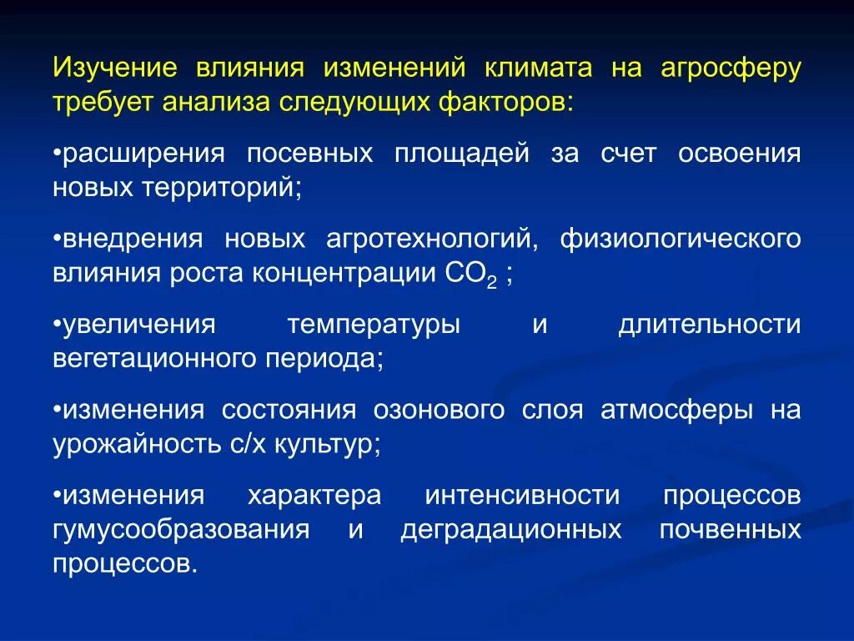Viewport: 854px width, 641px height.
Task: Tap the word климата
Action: [x=535, y=68]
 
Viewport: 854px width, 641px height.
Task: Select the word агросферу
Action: [x=731, y=68]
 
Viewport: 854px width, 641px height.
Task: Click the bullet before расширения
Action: [x=58, y=155]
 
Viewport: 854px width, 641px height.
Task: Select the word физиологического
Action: [x=681, y=240]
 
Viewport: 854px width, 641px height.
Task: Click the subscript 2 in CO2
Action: [x=491, y=283]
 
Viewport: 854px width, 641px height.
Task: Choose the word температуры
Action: [x=374, y=325]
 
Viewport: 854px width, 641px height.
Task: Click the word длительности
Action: [x=709, y=325]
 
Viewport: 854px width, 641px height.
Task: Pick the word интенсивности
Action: [x=522, y=496]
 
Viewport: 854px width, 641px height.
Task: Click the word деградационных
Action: [x=511, y=530]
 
